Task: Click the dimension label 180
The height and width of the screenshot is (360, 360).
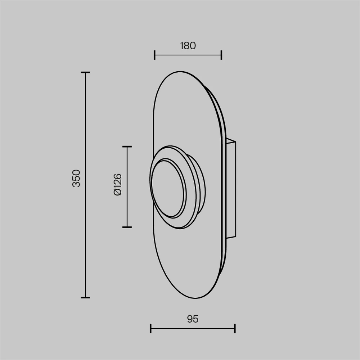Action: [188, 46]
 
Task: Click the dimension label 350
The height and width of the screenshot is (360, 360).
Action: [76, 179]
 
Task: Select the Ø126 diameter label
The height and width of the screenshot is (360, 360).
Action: [117, 185]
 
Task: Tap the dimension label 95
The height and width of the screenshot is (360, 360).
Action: [193, 319]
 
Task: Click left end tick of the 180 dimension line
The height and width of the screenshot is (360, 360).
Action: [154, 55]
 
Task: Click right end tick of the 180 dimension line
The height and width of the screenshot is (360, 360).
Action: [221, 55]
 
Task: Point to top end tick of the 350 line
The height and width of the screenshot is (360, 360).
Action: [86, 72]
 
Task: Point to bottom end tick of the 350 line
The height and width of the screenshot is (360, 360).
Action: [86, 297]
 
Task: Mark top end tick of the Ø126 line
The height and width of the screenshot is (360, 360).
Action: [127, 147]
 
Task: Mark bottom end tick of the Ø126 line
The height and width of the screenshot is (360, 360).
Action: [127, 227]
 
